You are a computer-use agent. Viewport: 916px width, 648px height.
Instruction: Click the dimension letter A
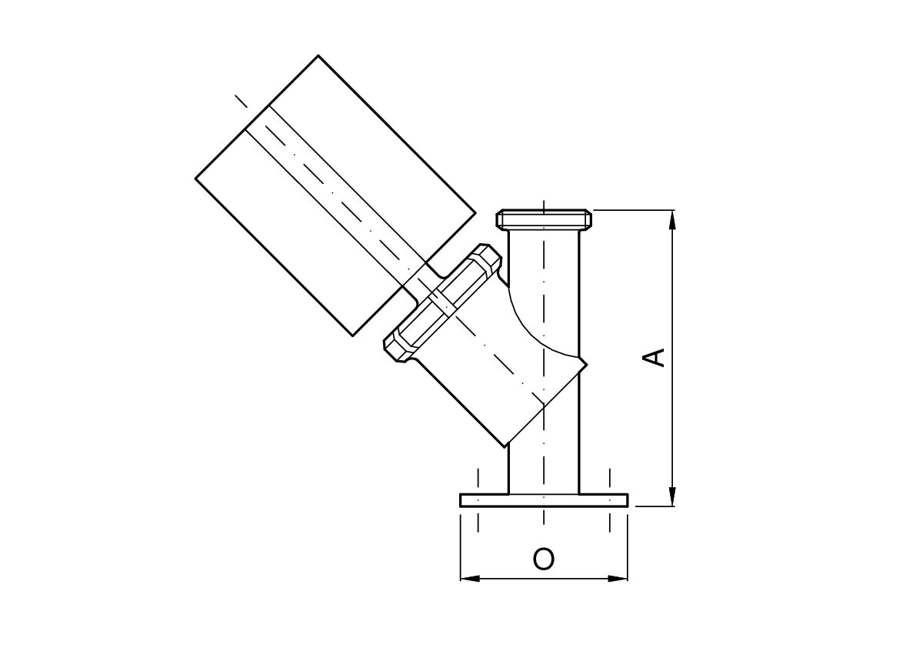point(654,357)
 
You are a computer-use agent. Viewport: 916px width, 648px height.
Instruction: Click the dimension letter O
point(543,559)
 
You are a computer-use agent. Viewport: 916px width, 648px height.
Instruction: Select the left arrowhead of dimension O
point(470,579)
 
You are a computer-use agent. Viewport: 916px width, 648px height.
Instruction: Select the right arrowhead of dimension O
point(618,579)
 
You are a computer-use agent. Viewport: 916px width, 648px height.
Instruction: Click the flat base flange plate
point(544,500)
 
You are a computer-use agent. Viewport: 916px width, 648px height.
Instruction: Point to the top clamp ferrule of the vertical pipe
point(544,219)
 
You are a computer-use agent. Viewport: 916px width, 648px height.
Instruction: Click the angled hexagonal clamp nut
point(442,302)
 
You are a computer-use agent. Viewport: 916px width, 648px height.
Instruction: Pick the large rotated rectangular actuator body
point(335,195)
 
